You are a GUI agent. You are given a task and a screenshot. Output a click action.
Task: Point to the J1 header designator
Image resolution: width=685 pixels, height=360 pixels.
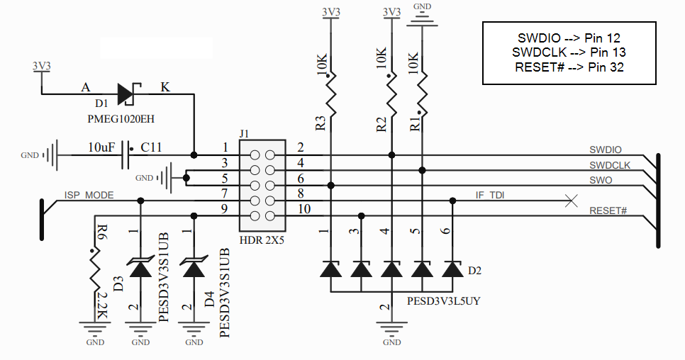(245, 133)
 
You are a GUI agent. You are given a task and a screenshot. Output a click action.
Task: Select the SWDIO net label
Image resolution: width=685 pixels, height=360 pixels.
(605, 150)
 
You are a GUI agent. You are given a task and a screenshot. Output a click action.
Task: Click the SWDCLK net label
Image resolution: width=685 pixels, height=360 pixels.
(610, 165)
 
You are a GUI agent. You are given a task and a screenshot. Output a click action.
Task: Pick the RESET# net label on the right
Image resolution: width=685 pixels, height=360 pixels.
(608, 210)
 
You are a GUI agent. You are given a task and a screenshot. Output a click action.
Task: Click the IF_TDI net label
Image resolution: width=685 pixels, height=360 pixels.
(489, 196)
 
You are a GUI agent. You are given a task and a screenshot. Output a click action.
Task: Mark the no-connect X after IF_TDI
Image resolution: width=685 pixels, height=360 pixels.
(569, 201)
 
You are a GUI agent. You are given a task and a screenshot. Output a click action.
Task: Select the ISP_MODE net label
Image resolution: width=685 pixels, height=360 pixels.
(89, 195)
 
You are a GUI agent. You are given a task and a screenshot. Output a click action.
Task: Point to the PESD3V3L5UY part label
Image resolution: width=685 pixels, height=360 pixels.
(443, 300)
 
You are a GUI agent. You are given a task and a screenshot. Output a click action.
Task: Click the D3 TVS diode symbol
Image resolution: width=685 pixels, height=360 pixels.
(140, 269)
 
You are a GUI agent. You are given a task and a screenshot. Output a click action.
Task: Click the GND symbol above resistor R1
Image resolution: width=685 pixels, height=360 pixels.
(422, 21)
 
